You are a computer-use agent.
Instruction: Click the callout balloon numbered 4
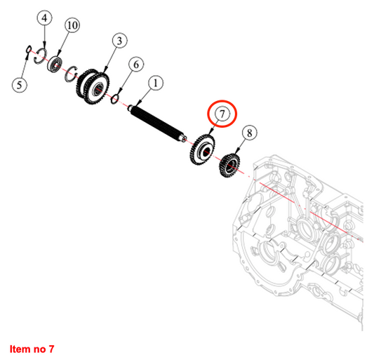(x=45, y=18)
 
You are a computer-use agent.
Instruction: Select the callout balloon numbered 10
(x=72, y=25)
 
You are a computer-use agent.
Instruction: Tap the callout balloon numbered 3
(x=119, y=41)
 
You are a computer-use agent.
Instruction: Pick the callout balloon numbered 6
(x=136, y=65)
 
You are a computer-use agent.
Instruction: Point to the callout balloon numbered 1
(x=156, y=84)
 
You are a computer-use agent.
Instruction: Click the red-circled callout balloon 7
(x=222, y=114)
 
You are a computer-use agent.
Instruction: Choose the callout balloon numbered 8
(x=250, y=133)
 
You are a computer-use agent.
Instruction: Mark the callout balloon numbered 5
(x=20, y=85)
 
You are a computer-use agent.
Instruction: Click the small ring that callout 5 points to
(x=28, y=49)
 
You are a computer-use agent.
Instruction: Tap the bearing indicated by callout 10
(x=55, y=64)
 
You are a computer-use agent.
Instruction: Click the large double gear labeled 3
(x=93, y=87)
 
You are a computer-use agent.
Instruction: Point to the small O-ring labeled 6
(x=114, y=99)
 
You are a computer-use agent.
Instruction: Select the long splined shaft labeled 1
(x=156, y=124)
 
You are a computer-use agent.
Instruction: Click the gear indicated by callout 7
(x=203, y=149)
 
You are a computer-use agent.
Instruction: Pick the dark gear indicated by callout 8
(x=229, y=166)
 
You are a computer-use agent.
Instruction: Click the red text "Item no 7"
(x=32, y=349)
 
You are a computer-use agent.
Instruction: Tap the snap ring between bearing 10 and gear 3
(x=72, y=74)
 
